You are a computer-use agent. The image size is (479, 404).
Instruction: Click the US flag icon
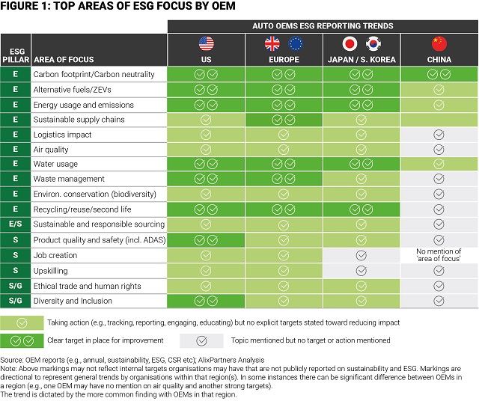tap(206, 43)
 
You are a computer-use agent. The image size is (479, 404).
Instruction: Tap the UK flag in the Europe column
tap(272, 43)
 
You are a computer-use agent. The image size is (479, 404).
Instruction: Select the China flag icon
tap(439, 43)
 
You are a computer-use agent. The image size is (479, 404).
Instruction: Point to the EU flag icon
tap(295, 43)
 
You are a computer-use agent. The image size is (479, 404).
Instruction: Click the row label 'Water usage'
tap(55, 165)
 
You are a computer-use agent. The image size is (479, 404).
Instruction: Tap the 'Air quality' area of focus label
tap(52, 150)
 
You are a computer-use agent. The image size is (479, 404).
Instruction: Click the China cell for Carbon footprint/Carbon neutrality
tap(439, 74)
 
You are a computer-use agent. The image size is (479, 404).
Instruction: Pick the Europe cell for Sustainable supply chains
tap(284, 120)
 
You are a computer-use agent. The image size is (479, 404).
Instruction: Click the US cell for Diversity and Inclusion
tap(206, 301)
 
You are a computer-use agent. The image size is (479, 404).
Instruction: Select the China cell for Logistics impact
tap(439, 135)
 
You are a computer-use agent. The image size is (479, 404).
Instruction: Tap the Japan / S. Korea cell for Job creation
tap(361, 255)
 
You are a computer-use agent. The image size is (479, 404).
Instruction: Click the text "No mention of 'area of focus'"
tap(439, 255)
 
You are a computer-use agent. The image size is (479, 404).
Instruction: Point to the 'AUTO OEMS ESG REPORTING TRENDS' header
tap(322, 26)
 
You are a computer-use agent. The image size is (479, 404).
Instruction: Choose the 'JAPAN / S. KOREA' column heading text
tap(361, 59)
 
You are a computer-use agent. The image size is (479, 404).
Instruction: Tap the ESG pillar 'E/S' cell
tap(15, 224)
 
